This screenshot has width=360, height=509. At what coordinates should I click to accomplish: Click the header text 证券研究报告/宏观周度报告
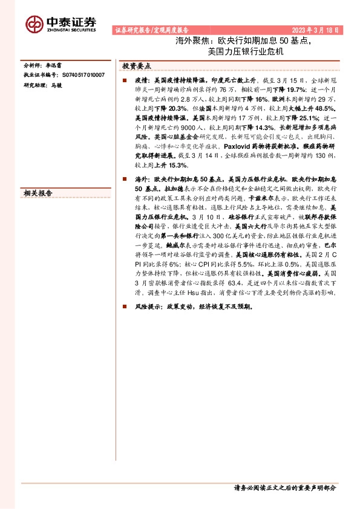[x=151, y=29]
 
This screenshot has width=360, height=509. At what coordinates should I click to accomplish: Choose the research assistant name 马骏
[x=56, y=85]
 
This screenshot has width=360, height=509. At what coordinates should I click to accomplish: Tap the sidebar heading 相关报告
[x=38, y=193]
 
